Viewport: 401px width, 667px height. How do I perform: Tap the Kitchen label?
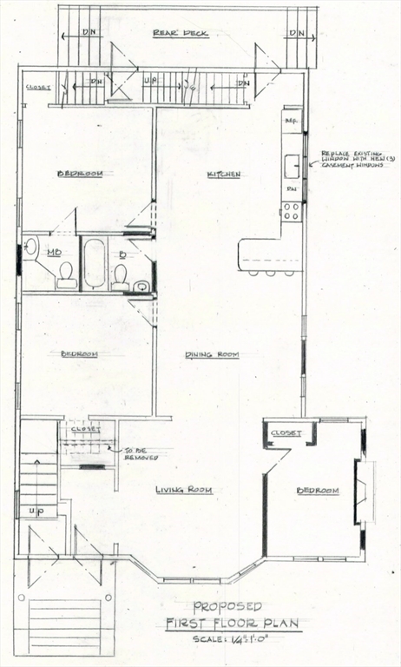(x=224, y=175)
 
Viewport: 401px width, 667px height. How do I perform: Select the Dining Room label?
(x=212, y=354)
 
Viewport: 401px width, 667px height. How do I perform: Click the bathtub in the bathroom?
(x=94, y=263)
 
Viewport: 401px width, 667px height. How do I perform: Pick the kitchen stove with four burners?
(x=292, y=209)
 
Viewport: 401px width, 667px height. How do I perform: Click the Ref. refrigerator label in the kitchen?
(x=292, y=121)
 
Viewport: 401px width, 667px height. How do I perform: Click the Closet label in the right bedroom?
(x=285, y=433)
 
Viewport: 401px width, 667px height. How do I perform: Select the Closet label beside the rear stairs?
(x=37, y=87)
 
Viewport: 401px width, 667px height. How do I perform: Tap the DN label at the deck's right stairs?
(x=297, y=34)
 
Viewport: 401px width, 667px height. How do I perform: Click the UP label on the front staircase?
(x=36, y=510)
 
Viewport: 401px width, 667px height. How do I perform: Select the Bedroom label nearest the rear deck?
(x=80, y=174)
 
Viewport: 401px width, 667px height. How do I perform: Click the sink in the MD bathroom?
(x=31, y=248)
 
